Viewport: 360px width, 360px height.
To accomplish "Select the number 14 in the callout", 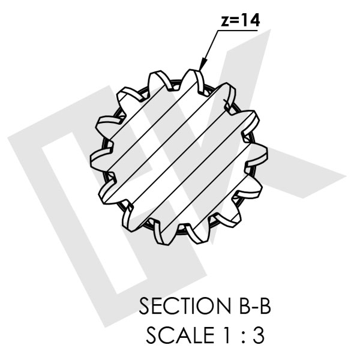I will [251, 20].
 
